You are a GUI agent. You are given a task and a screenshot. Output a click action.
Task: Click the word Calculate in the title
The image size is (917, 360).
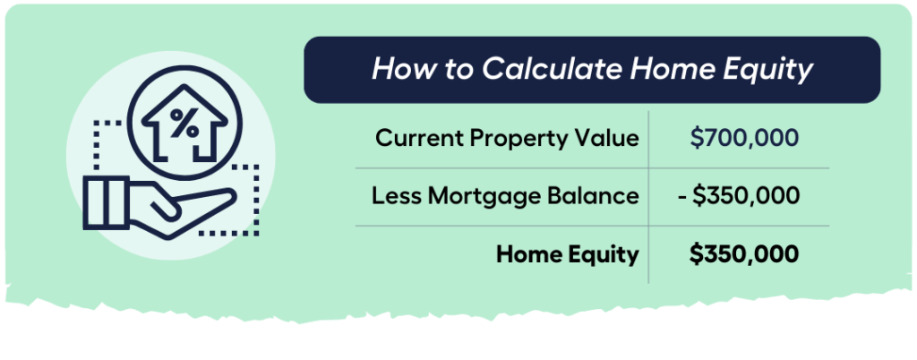coord(529,69)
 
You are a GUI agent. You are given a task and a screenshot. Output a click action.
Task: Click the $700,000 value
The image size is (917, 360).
coord(744,138)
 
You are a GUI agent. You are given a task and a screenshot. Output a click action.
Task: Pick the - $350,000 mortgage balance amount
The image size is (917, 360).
coord(738,196)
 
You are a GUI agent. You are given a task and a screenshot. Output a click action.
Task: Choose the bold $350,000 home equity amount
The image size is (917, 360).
coord(744,254)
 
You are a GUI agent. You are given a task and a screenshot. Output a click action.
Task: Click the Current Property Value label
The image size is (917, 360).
coord(507,138)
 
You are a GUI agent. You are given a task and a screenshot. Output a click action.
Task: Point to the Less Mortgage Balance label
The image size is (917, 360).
coord(505,196)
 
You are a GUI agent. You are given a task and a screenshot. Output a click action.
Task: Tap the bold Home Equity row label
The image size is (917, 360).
coord(569,254)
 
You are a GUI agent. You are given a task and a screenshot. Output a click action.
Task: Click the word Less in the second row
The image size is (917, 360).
coord(393,196)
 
